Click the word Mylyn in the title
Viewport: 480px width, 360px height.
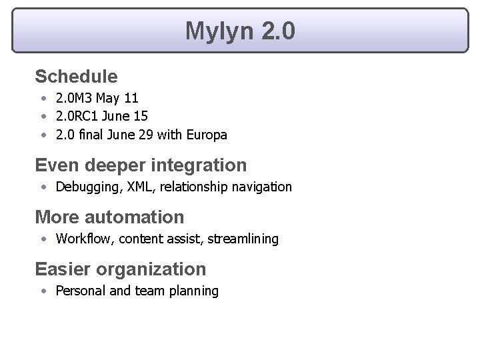point(218,31)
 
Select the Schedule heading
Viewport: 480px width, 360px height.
point(76,77)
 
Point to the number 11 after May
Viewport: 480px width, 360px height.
point(131,99)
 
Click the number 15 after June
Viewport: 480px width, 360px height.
point(141,117)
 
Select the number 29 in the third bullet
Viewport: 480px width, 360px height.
point(146,135)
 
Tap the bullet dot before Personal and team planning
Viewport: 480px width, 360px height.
point(43,291)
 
